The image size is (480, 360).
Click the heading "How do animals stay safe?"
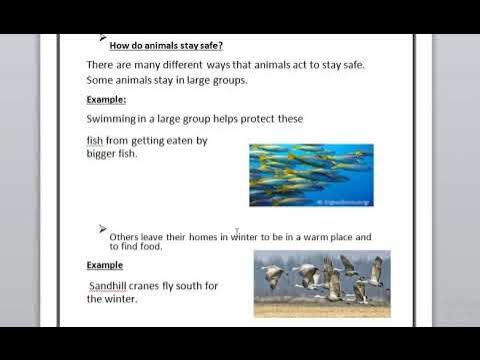166,45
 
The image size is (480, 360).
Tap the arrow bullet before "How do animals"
104,37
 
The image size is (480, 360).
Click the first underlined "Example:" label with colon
105,100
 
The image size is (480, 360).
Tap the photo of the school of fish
311,175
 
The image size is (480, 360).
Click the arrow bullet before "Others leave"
104,229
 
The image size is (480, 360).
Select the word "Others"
129,237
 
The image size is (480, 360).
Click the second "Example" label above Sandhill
104,265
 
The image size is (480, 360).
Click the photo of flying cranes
322,283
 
